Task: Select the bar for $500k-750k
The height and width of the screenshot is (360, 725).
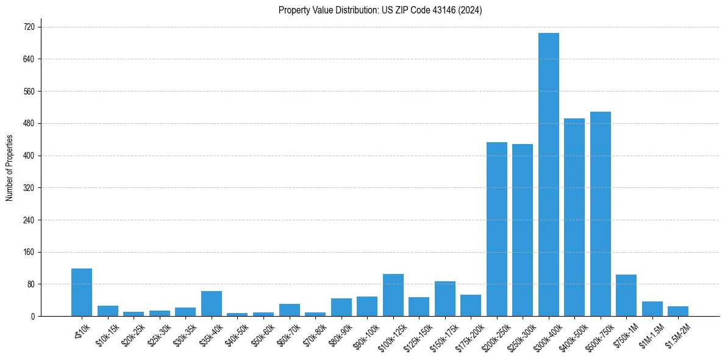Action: point(601,214)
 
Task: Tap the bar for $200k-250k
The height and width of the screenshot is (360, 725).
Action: point(497,229)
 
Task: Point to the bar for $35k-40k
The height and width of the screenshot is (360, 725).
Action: point(212,303)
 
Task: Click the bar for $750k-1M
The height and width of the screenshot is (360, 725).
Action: point(626,295)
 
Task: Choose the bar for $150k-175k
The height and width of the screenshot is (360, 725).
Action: point(445,298)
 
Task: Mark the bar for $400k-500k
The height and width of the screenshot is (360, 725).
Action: point(574,217)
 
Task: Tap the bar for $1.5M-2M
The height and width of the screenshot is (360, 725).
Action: point(678,311)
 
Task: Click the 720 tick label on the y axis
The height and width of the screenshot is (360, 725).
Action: point(29,27)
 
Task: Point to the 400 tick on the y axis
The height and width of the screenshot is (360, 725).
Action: point(29,156)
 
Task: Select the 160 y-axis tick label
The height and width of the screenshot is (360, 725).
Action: point(29,252)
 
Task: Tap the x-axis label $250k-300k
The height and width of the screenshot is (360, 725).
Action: point(520,336)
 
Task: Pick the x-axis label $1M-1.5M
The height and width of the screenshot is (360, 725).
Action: point(651,336)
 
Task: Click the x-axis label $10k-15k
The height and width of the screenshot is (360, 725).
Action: point(107,335)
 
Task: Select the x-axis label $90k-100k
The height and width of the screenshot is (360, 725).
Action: point(365,336)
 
